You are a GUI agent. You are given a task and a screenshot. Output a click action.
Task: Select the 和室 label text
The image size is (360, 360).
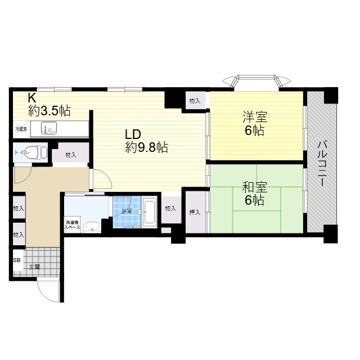click(254, 187)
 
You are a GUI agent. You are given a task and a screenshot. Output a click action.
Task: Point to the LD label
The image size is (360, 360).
click(132, 135)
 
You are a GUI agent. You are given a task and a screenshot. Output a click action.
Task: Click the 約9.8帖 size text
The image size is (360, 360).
click(146, 148)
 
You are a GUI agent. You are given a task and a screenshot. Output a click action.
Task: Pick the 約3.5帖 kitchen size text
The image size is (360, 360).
click(50, 110)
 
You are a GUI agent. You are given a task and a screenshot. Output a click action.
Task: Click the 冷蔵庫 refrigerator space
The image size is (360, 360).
click(21, 129)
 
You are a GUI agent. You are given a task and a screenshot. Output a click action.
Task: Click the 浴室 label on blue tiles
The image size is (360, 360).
click(126, 211)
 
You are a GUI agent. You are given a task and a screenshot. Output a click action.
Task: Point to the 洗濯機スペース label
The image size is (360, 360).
click(73, 225)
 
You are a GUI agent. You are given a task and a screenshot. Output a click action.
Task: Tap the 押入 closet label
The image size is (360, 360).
click(195, 212)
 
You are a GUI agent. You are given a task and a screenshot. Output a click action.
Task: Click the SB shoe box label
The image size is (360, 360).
click(17, 260)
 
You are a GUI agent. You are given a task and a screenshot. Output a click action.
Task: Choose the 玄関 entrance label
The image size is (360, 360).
click(34, 267)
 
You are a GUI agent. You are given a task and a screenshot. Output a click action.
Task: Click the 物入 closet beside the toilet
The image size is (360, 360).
click(71, 155)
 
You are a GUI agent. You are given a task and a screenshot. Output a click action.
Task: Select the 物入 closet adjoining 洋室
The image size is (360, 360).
click(195, 101)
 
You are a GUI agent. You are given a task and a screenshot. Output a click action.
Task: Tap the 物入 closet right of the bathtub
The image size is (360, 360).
click(170, 209)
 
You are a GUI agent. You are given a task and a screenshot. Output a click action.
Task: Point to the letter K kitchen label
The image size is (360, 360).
click(33, 97)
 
